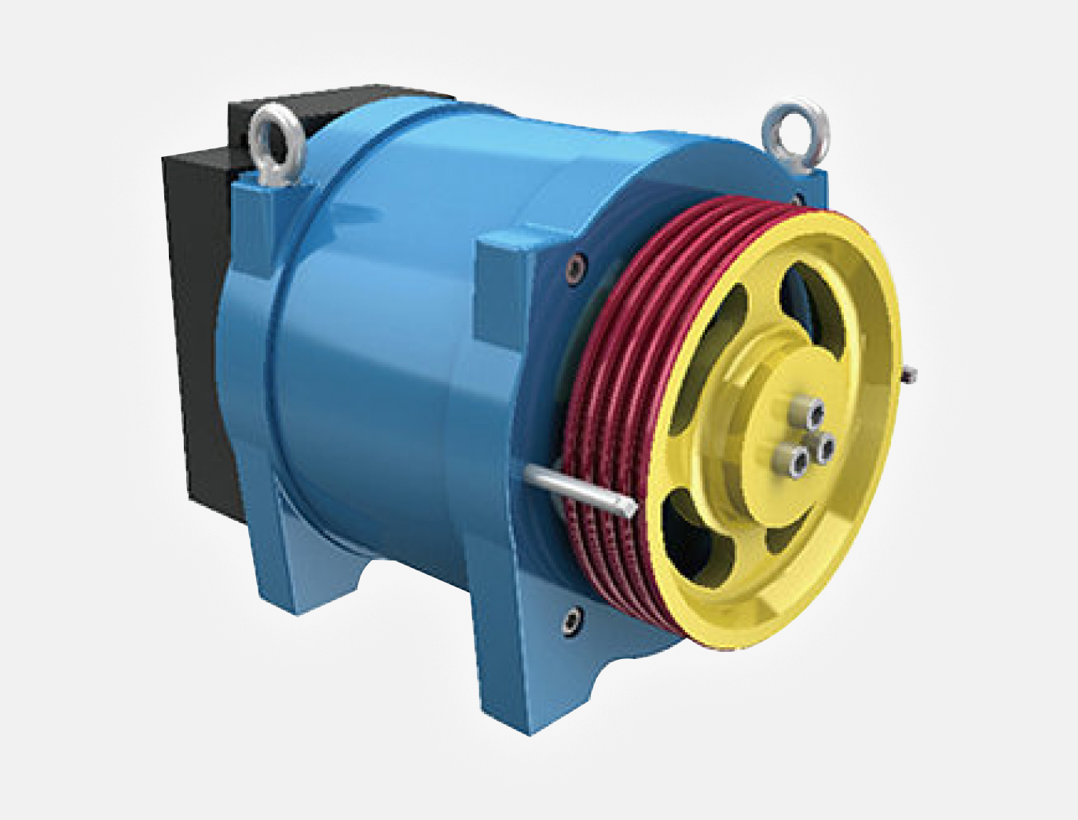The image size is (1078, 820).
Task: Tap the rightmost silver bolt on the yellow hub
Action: pyautogui.click(x=825, y=448)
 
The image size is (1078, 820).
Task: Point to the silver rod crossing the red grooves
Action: pyautogui.click(x=577, y=487)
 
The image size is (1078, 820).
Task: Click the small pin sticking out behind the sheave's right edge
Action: pyautogui.click(x=909, y=375)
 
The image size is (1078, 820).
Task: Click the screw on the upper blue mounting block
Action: pyautogui.click(x=577, y=267)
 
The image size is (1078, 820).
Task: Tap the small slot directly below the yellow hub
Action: pyautogui.click(x=786, y=539)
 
